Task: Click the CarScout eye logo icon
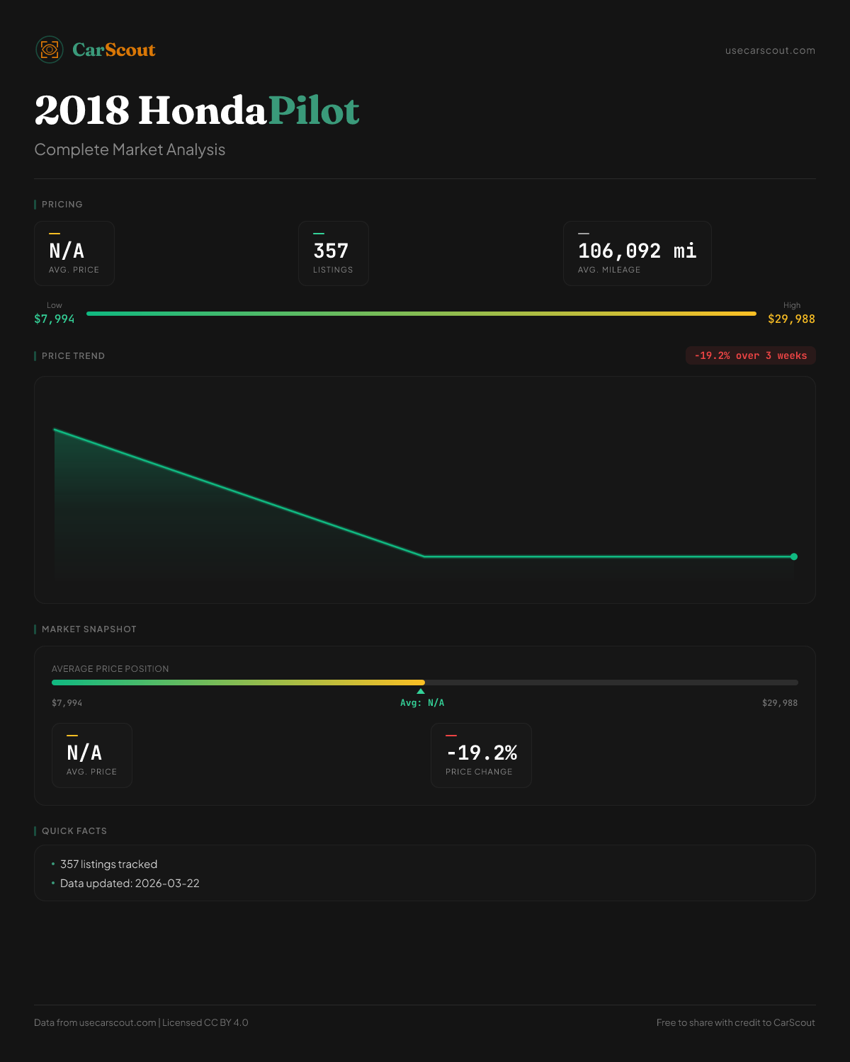(x=50, y=50)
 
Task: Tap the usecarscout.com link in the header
(x=770, y=50)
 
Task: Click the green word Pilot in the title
(x=314, y=111)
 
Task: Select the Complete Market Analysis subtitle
(x=130, y=149)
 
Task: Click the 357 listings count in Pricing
(x=331, y=251)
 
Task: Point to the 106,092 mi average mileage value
(x=637, y=251)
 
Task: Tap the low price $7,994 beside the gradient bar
(x=55, y=319)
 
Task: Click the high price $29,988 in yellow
(x=791, y=319)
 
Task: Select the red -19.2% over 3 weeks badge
(x=750, y=355)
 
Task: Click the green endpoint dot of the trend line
(x=794, y=556)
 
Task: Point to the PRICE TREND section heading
(x=73, y=356)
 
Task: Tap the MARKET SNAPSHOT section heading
(x=89, y=629)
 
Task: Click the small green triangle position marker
(x=421, y=691)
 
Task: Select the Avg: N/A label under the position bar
(x=422, y=703)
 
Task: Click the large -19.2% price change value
(x=482, y=753)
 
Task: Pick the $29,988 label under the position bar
(x=779, y=703)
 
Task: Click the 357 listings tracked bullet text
(x=108, y=864)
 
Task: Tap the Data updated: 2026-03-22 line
(x=130, y=884)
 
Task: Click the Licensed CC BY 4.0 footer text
(x=205, y=1022)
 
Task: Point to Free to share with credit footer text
(x=735, y=1022)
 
